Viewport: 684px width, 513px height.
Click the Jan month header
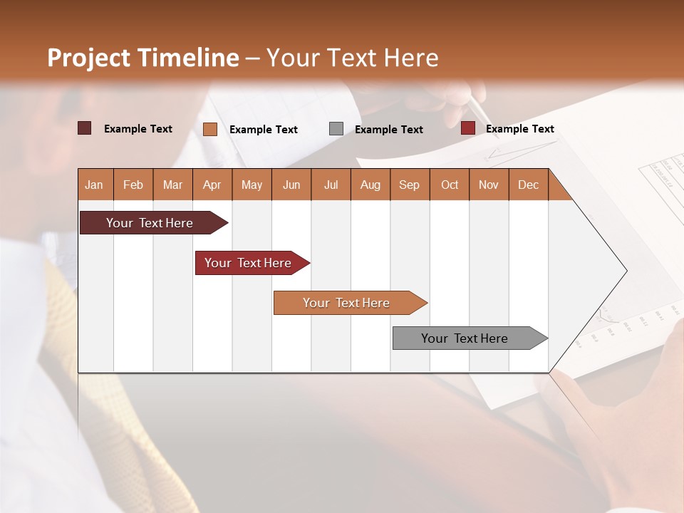coord(94,185)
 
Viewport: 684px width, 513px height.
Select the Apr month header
coord(212,185)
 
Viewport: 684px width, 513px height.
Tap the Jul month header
coord(331,185)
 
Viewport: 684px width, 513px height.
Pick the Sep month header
coord(409,185)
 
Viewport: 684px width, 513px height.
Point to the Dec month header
coord(528,185)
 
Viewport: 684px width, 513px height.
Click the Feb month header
coord(133,185)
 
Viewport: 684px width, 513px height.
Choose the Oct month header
coord(450,185)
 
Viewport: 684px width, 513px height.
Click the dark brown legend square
coord(85,128)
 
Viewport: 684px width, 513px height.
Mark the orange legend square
coord(210,129)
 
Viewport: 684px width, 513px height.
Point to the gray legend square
coord(336,129)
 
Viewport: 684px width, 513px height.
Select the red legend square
coord(468,128)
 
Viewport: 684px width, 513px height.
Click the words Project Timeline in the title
coord(142,58)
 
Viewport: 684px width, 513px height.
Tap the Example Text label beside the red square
coord(519,129)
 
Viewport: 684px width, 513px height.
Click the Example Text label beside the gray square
coord(388,130)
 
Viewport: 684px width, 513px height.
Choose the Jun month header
coord(291,185)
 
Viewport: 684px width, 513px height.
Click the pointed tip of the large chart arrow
coord(625,271)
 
